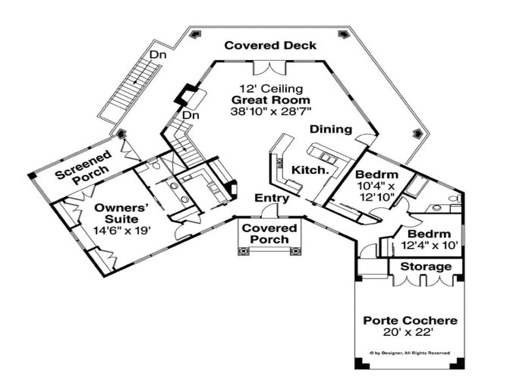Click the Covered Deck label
tap(270, 45)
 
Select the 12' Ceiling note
tap(271, 88)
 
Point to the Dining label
tap(331, 129)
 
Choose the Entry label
tap(272, 198)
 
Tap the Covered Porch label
tap(269, 234)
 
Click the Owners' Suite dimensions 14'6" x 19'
tap(122, 231)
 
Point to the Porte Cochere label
tap(410, 321)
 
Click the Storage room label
tap(426, 266)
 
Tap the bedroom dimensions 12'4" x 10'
tap(430, 245)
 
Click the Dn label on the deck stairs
tap(158, 55)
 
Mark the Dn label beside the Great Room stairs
tap(191, 115)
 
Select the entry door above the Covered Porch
tap(270, 211)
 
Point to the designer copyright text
tap(410, 353)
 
